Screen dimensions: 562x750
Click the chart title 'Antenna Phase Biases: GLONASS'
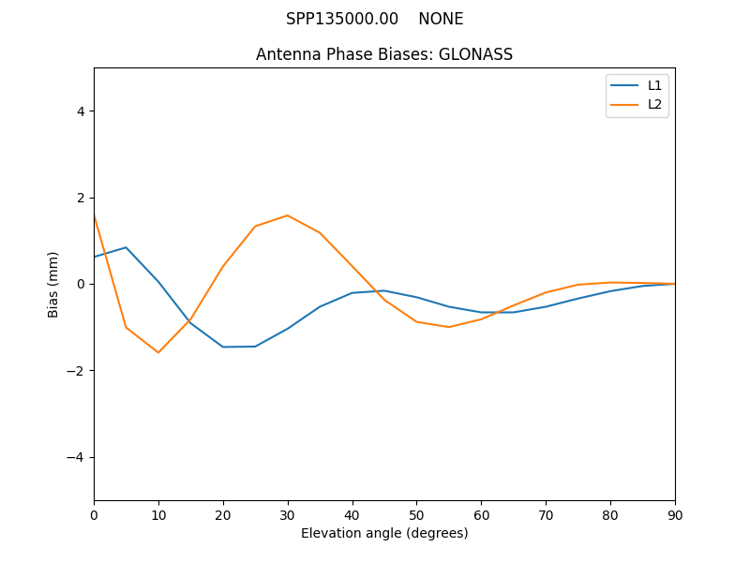click(x=384, y=54)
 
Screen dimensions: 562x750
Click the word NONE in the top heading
click(x=441, y=19)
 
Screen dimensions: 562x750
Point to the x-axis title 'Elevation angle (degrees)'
click(x=384, y=533)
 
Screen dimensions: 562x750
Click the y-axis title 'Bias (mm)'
click(x=53, y=284)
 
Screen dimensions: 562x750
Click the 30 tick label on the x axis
click(x=287, y=514)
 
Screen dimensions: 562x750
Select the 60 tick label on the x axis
click(x=481, y=514)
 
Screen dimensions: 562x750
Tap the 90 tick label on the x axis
click(x=675, y=514)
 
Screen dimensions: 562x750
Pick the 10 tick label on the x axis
click(x=158, y=514)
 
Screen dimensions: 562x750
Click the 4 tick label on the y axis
click(x=81, y=111)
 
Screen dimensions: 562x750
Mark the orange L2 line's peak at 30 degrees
click(x=287, y=215)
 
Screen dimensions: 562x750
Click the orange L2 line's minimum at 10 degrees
click(x=158, y=352)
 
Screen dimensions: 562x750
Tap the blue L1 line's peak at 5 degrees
click(x=126, y=247)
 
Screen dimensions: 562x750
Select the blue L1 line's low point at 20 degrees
click(x=223, y=347)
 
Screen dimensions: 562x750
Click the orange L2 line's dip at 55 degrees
click(x=449, y=327)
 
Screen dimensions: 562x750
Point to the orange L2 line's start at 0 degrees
click(x=95, y=216)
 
